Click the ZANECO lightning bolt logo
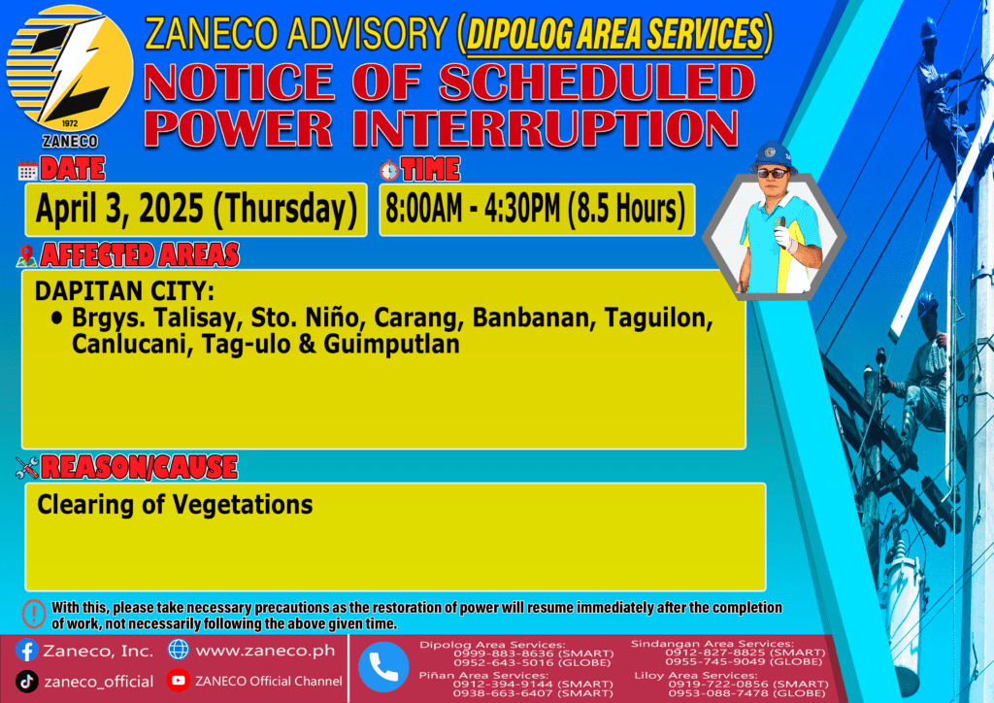click(x=70, y=69)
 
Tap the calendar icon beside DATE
click(x=28, y=171)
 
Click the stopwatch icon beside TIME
click(x=389, y=171)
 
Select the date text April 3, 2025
click(x=119, y=209)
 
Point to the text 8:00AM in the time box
click(x=423, y=209)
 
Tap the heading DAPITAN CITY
click(x=124, y=291)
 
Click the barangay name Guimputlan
click(x=391, y=344)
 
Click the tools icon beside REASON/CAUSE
click(x=27, y=468)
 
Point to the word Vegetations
click(x=243, y=505)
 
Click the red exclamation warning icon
click(x=34, y=614)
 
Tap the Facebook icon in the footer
click(x=26, y=651)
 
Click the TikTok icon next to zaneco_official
click(x=26, y=682)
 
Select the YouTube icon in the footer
click(x=179, y=680)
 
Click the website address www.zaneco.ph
click(x=265, y=651)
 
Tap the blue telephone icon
click(x=383, y=667)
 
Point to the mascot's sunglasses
click(x=773, y=173)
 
